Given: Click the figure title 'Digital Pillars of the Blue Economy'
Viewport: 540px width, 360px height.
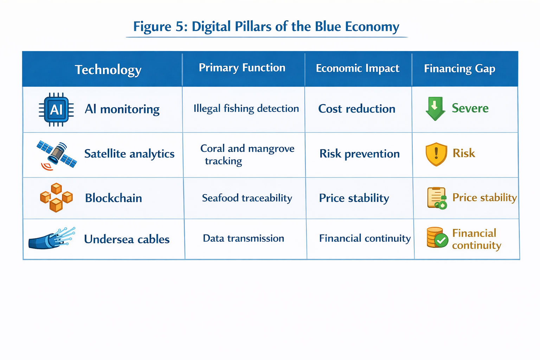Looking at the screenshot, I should (266, 27).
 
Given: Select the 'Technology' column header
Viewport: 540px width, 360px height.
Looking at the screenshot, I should (108, 70).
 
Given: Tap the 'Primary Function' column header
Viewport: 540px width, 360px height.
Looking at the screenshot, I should (242, 67).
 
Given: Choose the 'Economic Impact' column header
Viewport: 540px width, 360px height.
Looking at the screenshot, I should (357, 68).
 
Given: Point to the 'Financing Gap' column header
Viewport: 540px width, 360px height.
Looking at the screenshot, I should (459, 69).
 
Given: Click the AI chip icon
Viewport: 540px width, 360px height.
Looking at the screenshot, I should (56, 110).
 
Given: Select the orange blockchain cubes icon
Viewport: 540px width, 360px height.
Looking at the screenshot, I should (56, 198).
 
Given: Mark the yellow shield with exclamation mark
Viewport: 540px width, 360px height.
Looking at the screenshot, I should (436, 154).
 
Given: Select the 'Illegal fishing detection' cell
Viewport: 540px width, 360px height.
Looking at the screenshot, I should (246, 109).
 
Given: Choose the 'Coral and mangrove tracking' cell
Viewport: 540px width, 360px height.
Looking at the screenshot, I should (247, 155).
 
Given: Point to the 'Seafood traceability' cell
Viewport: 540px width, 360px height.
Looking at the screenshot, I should (247, 198).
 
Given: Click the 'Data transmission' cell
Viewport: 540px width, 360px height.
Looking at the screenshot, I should (243, 238).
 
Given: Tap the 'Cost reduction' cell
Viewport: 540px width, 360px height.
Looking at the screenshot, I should (356, 109).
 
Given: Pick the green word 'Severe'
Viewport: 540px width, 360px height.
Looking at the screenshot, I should (470, 108).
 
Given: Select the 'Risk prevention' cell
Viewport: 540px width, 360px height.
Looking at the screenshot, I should (359, 154).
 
